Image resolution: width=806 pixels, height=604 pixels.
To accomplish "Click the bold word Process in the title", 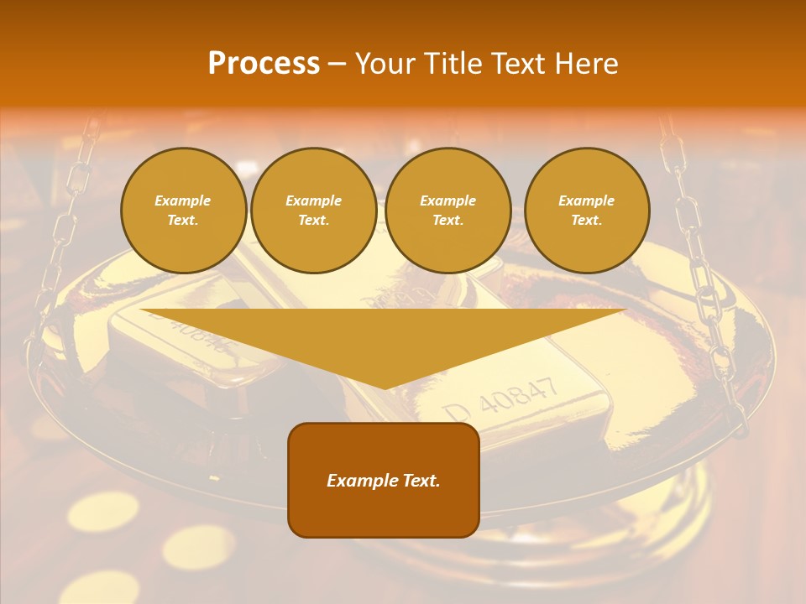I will click(x=264, y=64).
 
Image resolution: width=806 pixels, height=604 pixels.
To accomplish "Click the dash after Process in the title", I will click(x=338, y=65).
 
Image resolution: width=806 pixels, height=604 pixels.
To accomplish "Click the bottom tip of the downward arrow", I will click(x=385, y=387).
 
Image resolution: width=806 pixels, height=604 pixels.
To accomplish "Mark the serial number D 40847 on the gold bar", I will click(x=501, y=398).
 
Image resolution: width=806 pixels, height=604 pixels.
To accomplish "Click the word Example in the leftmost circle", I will click(x=183, y=200).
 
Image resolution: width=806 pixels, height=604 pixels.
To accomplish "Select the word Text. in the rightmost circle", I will click(x=586, y=220).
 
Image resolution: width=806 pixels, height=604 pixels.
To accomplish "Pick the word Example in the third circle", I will click(x=447, y=200).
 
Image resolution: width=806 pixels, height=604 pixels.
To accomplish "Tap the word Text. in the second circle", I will click(x=313, y=220).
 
